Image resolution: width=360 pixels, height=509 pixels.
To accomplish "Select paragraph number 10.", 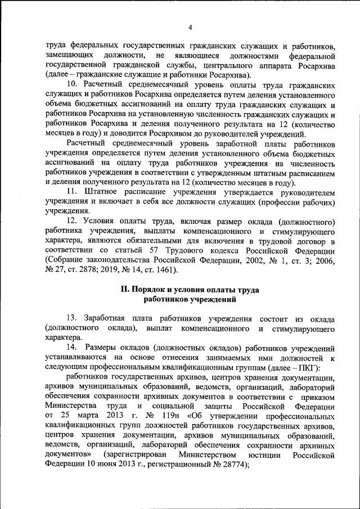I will pyautogui.click(x=72, y=84).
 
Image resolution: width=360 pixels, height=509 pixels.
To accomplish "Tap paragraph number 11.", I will pyautogui.click(x=71, y=192).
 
